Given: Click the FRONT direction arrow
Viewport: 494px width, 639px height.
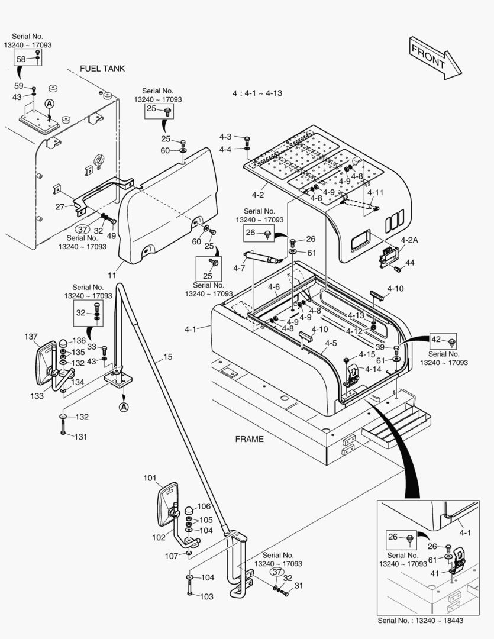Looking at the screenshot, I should [x=434, y=57].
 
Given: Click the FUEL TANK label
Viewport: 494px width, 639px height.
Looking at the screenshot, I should [x=102, y=69].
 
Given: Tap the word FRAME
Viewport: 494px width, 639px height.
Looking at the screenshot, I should [x=249, y=439].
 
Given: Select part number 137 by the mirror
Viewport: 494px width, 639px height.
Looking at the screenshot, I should [x=31, y=337].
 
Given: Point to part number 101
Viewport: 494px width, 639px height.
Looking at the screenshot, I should [x=149, y=477].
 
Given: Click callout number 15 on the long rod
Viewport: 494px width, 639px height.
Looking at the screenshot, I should [x=167, y=357].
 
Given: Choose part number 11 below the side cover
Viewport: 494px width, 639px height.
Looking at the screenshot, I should [x=112, y=275].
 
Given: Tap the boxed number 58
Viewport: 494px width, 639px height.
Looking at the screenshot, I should [x=21, y=59].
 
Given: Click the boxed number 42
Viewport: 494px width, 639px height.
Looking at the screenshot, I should [x=436, y=340].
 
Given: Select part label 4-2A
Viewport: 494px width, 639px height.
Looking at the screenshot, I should [x=409, y=240].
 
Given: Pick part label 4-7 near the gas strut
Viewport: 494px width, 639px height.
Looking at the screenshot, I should [x=239, y=269].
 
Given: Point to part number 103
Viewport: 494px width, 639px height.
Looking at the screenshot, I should [x=206, y=596].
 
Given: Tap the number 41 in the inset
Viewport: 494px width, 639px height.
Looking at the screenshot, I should [x=435, y=573].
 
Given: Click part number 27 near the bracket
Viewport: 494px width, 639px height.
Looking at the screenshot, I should [x=60, y=207].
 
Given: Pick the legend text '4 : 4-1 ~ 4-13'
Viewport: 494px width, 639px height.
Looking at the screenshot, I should [x=257, y=93].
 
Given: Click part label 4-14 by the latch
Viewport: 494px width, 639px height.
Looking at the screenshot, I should [x=373, y=369].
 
